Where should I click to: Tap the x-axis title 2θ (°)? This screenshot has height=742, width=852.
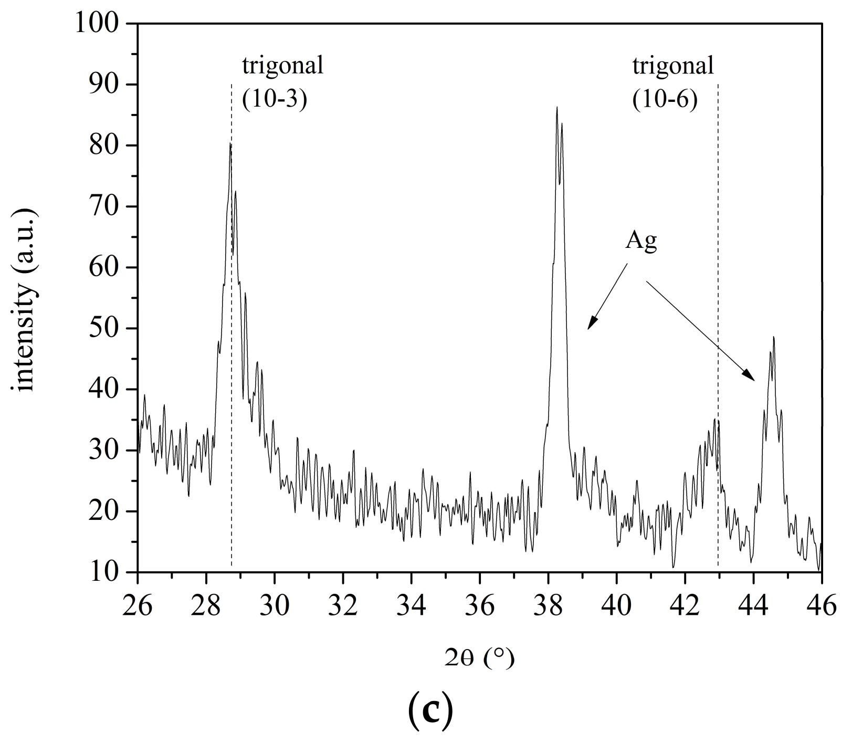coord(479,659)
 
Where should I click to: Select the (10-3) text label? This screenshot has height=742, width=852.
coord(274,99)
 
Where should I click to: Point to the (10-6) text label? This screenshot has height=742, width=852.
coord(665,99)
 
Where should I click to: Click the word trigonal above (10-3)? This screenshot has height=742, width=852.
coord(282,67)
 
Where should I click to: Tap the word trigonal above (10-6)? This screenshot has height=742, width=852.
coord(673,67)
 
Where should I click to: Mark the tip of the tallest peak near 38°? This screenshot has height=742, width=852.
coord(556,107)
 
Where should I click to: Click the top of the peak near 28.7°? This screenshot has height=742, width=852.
coord(230,143)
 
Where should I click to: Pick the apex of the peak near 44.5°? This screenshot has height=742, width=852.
coord(774,337)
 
